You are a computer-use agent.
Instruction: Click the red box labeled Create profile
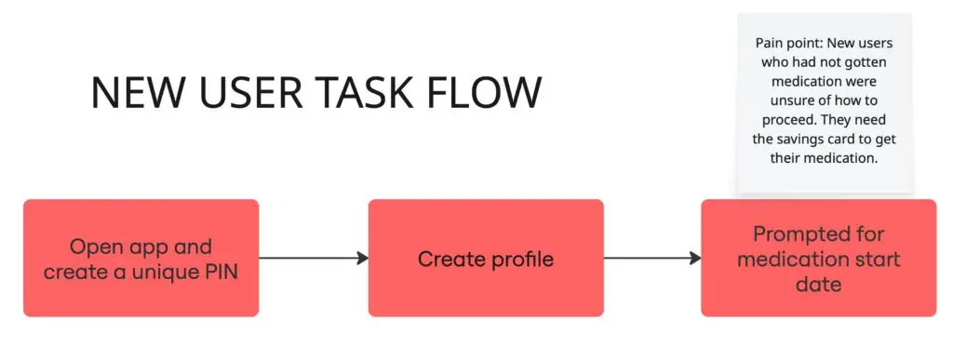click(x=486, y=258)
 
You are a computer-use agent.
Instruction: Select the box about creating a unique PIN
click(x=141, y=258)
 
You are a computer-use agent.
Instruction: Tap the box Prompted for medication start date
click(x=818, y=258)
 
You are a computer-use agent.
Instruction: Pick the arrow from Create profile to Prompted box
click(x=652, y=259)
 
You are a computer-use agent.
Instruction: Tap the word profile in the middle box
click(x=520, y=259)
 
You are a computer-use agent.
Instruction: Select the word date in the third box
click(x=818, y=284)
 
